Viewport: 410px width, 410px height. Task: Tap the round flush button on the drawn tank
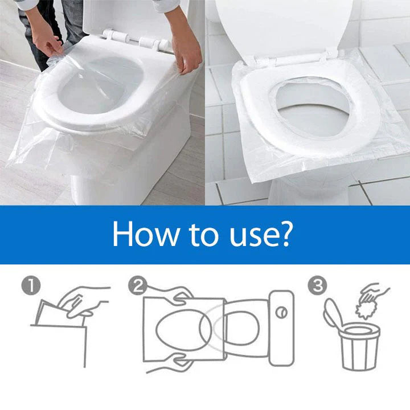(281, 313)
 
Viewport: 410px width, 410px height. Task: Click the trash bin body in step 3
(360, 347)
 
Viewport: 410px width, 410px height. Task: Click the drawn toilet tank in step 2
(281, 328)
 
